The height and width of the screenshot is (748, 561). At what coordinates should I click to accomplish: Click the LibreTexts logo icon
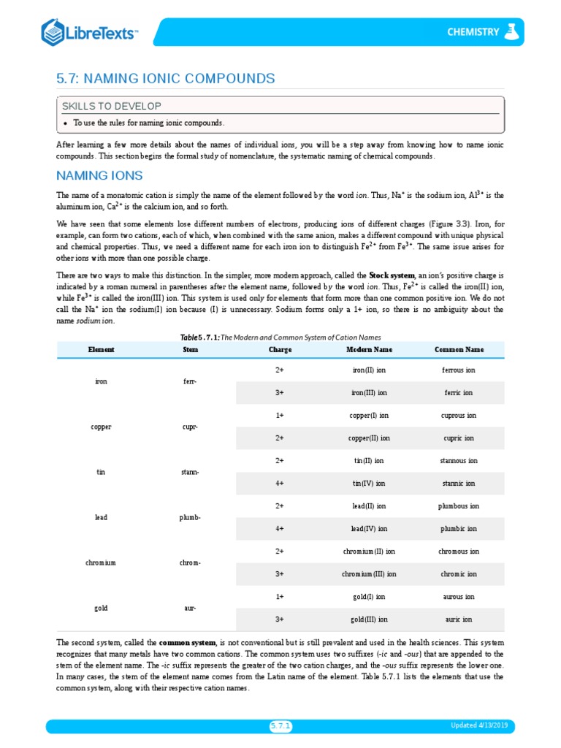click(x=54, y=32)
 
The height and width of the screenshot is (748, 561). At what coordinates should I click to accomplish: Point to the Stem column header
click(x=190, y=350)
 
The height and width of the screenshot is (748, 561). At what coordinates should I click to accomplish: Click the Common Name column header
click(x=459, y=350)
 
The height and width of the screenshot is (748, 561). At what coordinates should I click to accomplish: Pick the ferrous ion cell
click(x=459, y=370)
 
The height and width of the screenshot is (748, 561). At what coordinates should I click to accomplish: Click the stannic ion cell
click(x=459, y=484)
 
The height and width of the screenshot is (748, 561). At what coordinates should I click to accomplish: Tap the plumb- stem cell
click(x=190, y=517)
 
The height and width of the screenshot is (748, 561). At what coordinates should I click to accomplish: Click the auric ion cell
click(x=459, y=619)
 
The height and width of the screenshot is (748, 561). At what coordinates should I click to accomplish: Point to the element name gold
click(x=101, y=608)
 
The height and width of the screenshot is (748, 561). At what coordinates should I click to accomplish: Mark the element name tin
click(x=101, y=472)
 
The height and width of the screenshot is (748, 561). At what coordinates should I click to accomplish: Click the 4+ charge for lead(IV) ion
click(x=280, y=529)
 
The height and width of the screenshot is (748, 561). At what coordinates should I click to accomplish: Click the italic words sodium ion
click(x=95, y=321)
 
